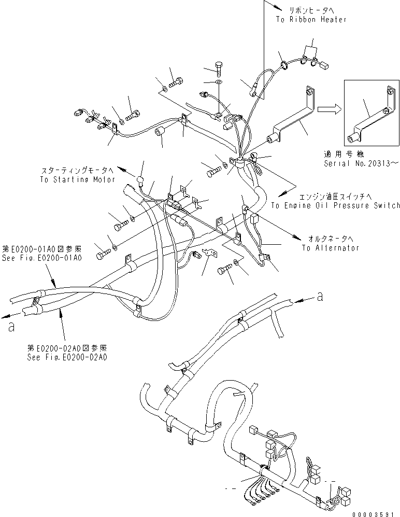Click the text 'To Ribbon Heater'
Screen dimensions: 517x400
tap(311, 19)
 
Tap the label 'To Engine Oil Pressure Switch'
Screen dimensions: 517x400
tap(335, 206)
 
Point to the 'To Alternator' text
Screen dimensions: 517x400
tap(330, 248)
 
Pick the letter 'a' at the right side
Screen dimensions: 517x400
tap(321, 296)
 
